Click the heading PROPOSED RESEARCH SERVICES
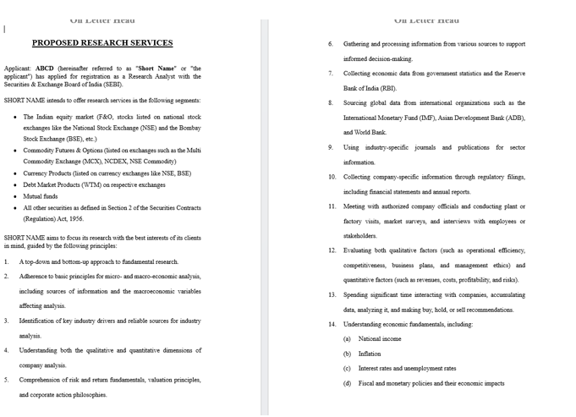point(102,43)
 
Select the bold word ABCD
point(44,69)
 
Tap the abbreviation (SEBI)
point(111,85)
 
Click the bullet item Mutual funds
point(41,196)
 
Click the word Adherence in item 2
point(36,277)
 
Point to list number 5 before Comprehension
point(6,380)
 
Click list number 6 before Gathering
point(331,44)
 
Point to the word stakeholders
point(360,236)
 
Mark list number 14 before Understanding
point(332,324)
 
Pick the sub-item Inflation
point(370,354)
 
